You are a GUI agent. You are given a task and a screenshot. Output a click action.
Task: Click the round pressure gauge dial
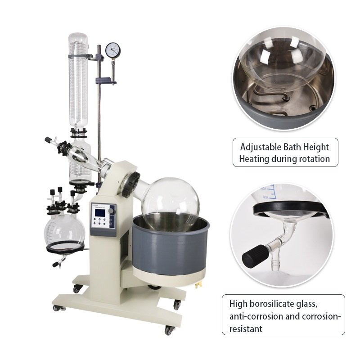pos(113,50)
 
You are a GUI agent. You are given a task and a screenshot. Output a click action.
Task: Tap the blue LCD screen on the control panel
pos(100,212)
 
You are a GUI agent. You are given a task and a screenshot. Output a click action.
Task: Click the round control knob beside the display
pos(111,211)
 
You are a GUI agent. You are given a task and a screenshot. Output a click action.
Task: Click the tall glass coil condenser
pos(78,81)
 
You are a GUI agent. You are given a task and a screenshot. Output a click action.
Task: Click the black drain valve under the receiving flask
pos(56,265)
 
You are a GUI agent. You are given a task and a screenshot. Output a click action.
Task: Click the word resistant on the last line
pos(246,329)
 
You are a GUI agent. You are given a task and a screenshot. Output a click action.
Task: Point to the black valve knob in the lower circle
pos(256,256)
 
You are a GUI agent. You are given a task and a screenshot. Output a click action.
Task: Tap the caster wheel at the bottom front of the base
pos(169,330)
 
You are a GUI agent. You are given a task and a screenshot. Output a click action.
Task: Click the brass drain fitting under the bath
pos(198,285)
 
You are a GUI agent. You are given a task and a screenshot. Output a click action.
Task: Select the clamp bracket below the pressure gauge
pos(106,81)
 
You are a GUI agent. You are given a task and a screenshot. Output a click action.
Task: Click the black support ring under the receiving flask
pos(65,247)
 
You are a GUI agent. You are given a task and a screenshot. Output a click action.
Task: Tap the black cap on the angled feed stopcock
pos(48,139)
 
